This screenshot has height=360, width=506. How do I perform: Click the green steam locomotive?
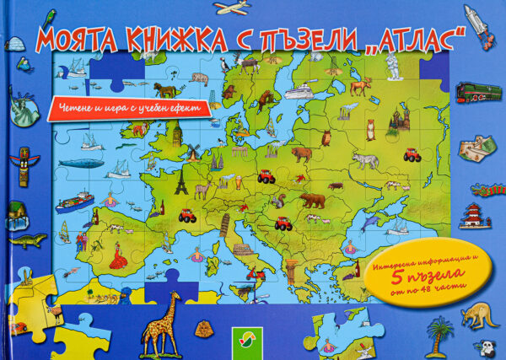coord(478,92)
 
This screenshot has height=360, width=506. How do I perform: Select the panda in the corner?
coord(490,347)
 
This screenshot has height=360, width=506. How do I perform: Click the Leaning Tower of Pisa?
coord(225,223)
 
